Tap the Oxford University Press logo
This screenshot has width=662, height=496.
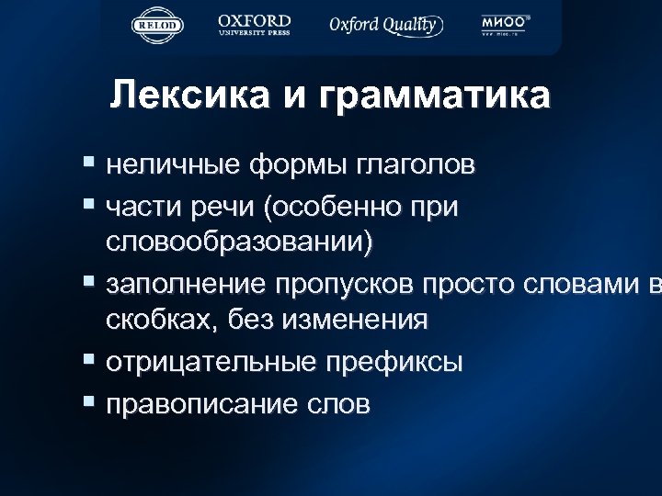coord(255,25)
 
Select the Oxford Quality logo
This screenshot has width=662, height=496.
coord(386,25)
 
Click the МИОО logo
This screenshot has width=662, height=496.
coord(506,25)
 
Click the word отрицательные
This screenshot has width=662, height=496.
coord(212,362)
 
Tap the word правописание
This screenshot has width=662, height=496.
coord(200,404)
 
